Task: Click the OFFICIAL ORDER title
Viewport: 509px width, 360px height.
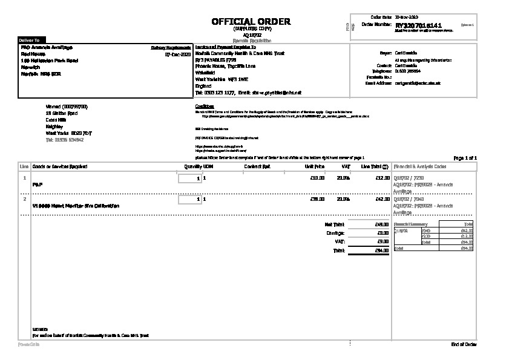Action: point(251,22)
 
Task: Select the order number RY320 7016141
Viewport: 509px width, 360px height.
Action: point(418,27)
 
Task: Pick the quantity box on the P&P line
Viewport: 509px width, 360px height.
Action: point(189,178)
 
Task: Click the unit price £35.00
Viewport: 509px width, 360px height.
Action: point(317,198)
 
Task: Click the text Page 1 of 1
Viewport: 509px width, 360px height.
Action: point(465,158)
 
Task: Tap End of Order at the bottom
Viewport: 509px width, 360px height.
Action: point(464,344)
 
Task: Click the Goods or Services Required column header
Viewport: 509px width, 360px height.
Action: point(59,166)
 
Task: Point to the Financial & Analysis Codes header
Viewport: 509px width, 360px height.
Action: point(420,166)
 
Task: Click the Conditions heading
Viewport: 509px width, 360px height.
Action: point(205,106)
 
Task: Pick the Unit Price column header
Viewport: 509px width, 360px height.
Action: point(315,166)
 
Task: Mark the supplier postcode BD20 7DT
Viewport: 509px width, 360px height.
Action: point(82,133)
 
